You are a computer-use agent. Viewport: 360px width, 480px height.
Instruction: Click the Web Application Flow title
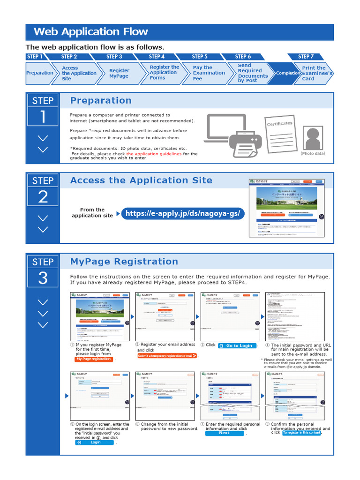(x=91, y=32)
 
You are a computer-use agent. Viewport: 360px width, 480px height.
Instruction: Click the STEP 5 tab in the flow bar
(x=200, y=56)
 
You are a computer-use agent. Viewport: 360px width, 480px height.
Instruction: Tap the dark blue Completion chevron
(x=287, y=73)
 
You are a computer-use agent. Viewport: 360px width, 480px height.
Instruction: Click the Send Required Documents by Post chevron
(x=252, y=73)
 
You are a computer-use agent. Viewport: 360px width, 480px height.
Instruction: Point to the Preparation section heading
(x=101, y=100)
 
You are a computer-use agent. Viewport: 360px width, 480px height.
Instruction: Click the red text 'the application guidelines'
(x=154, y=154)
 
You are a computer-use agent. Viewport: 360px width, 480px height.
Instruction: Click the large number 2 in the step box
(x=43, y=197)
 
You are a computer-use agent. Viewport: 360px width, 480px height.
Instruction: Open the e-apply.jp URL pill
(x=182, y=214)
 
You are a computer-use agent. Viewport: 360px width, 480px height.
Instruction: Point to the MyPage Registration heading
(x=124, y=262)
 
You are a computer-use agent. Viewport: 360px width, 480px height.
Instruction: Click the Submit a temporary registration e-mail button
(x=167, y=356)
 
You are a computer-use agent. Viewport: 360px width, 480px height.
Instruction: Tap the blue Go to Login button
(x=237, y=345)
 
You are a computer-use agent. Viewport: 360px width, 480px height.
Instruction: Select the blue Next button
(x=225, y=433)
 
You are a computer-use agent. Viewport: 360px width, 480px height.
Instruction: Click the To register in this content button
(x=301, y=433)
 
